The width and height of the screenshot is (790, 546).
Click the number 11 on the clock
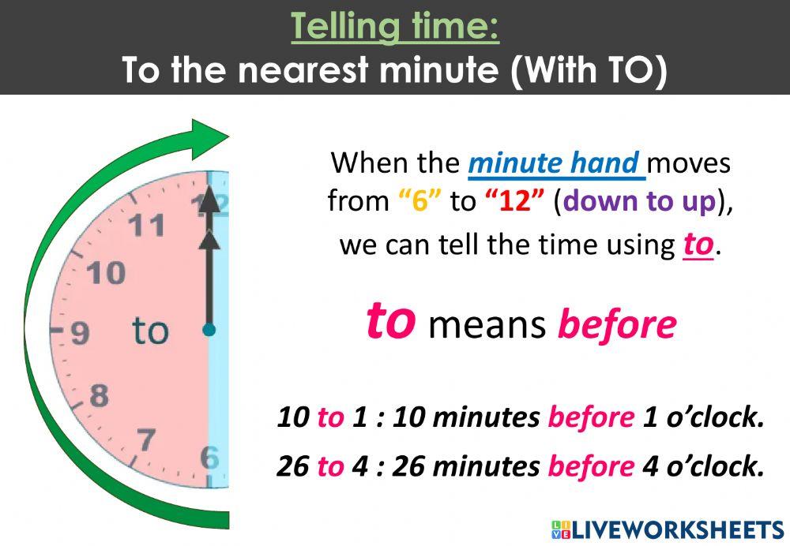click(147, 226)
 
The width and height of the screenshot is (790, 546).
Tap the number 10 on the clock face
click(107, 273)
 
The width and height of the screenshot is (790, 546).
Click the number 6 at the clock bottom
click(209, 457)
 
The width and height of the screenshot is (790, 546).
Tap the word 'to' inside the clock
click(150, 331)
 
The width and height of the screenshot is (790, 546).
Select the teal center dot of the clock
click(209, 330)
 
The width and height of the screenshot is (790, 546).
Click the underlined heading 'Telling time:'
click(395, 28)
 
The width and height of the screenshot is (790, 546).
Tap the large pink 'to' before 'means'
click(391, 321)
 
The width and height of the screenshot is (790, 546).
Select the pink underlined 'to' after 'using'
click(698, 245)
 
